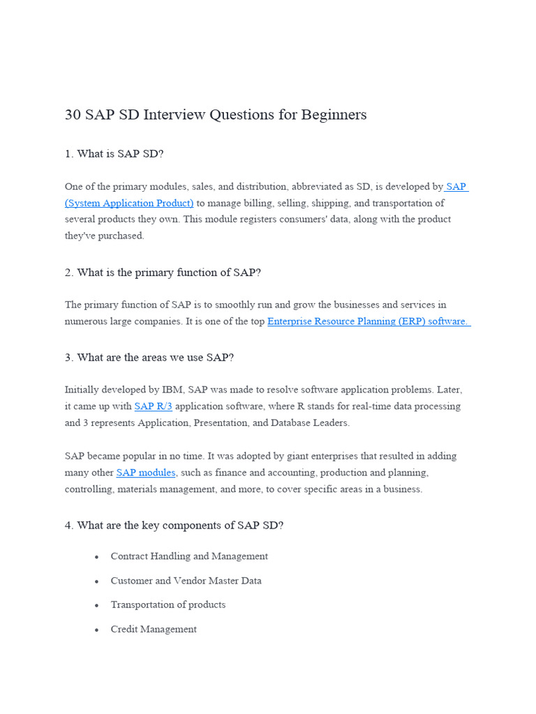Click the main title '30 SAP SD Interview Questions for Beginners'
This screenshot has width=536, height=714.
pyautogui.click(x=216, y=115)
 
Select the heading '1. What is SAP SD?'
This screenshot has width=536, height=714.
pyautogui.click(x=114, y=153)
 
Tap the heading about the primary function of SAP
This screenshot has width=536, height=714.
pyautogui.click(x=163, y=273)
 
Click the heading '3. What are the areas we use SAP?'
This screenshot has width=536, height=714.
pyautogui.click(x=149, y=358)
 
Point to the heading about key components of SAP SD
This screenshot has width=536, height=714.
pyautogui.click(x=174, y=526)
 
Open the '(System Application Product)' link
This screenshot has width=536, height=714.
pyautogui.click(x=129, y=203)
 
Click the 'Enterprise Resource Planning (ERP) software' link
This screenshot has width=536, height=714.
pyautogui.click(x=368, y=321)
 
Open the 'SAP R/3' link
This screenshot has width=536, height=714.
pyautogui.click(x=153, y=407)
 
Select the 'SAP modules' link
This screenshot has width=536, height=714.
pyautogui.click(x=146, y=473)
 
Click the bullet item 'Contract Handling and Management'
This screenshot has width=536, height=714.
pyautogui.click(x=189, y=556)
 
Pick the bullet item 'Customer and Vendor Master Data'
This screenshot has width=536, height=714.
pyautogui.click(x=186, y=581)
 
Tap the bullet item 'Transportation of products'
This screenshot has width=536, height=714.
pyautogui.click(x=167, y=605)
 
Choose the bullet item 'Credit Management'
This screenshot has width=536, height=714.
pyautogui.click(x=154, y=630)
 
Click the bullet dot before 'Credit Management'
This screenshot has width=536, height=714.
pyautogui.click(x=96, y=630)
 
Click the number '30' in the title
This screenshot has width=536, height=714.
pyautogui.click(x=73, y=115)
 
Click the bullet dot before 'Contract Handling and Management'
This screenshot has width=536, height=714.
pyautogui.click(x=96, y=557)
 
